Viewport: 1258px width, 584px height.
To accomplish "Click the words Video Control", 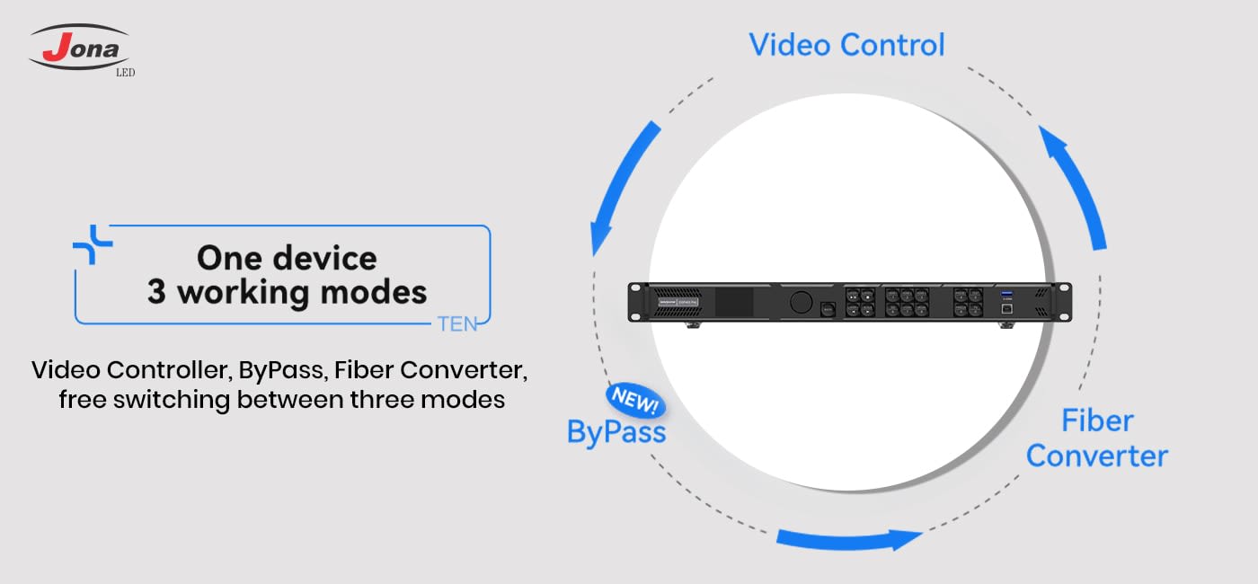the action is click(x=846, y=44).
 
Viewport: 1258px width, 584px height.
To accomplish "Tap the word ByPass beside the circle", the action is click(x=616, y=432).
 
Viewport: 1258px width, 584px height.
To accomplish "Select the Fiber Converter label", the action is click(x=1096, y=438).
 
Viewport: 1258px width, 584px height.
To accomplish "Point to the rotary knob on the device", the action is click(x=800, y=302).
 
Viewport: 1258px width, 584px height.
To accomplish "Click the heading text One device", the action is click(x=287, y=258).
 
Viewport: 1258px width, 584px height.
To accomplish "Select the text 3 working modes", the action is click(x=287, y=292).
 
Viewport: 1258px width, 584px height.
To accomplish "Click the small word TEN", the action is click(x=457, y=324).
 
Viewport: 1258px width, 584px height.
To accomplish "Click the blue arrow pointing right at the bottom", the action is click(x=849, y=539).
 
